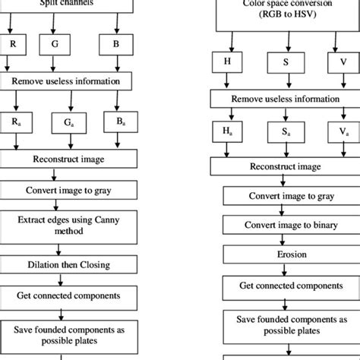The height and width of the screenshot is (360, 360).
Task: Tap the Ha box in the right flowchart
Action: [x=226, y=132]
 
